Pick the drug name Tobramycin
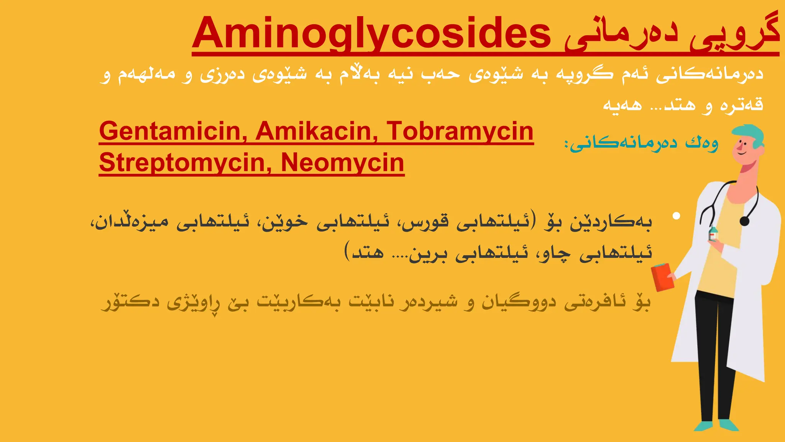(x=460, y=131)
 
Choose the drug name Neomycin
(x=342, y=163)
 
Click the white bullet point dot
(x=676, y=216)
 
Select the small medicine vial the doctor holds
(x=713, y=233)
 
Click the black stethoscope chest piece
(x=744, y=221)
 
